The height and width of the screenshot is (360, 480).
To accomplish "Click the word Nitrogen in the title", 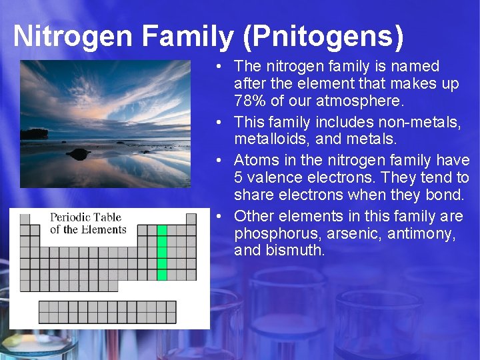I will click(x=73, y=36).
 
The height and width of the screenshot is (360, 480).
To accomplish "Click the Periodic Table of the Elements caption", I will click(x=88, y=223).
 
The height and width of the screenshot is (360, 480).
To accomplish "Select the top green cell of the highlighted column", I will click(x=162, y=231).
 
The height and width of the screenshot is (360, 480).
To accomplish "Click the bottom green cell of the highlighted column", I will click(x=162, y=274).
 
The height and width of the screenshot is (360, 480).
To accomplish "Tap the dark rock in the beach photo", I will click(x=79, y=154).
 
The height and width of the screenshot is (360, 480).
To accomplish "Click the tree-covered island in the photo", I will click(x=33, y=134).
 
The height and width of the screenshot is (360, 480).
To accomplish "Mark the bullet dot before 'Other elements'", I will click(x=220, y=216).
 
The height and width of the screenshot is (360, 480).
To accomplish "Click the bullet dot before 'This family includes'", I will click(x=220, y=123).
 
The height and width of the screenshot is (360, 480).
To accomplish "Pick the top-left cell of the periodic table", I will click(x=25, y=219).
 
